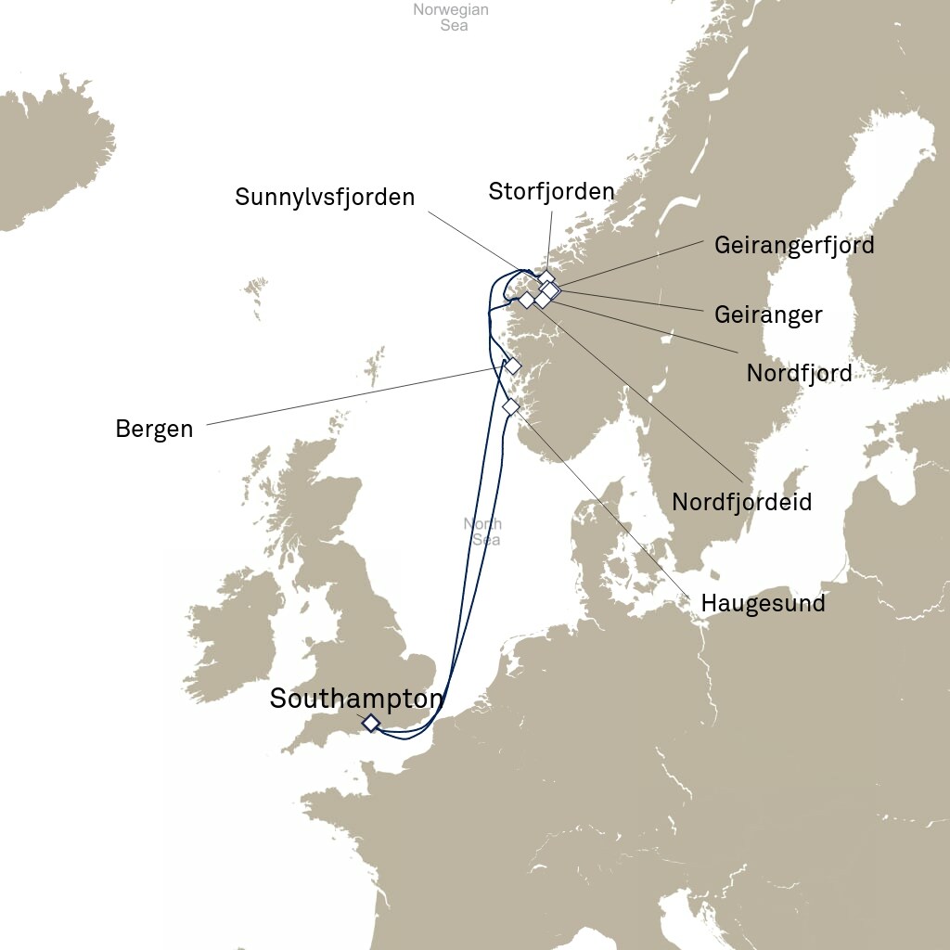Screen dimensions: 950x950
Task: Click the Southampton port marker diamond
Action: [370, 723]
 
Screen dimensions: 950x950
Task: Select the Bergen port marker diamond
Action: [512, 366]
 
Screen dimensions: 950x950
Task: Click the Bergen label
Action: [154, 430]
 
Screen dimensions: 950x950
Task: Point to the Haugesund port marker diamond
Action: [510, 406]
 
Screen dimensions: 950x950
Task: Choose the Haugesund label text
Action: [763, 603]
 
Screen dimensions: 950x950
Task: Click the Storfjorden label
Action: [551, 192]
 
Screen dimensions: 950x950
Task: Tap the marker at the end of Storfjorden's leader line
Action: [546, 277]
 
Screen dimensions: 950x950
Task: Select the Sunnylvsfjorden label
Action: [325, 197]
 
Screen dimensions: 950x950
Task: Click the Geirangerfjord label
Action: [794, 246]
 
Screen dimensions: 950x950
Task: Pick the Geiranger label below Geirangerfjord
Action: [768, 315]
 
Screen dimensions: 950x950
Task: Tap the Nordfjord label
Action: [799, 374]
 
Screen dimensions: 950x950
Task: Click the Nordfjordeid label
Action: [741, 502]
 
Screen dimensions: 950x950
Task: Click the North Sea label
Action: [482, 532]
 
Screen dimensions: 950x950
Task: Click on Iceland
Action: [46, 158]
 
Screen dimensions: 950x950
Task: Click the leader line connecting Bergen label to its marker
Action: [353, 396]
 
